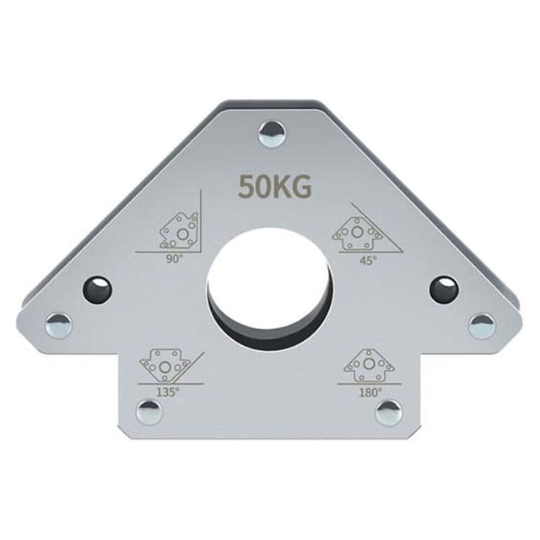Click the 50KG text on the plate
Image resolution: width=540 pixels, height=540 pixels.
(x=276, y=187)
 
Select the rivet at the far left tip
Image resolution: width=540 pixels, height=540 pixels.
(x=59, y=325)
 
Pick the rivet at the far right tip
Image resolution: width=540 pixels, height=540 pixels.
(x=483, y=326)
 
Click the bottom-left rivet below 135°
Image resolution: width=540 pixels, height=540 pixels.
(x=149, y=413)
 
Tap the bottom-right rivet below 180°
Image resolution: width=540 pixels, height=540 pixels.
(x=389, y=413)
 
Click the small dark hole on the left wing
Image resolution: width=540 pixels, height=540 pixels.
(x=98, y=289)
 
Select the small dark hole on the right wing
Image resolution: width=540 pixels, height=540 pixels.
(x=445, y=289)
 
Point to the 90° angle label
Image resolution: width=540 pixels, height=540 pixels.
(x=174, y=259)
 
